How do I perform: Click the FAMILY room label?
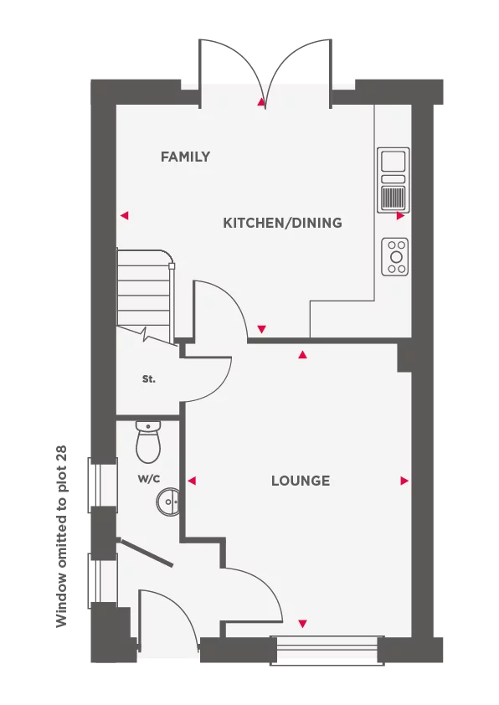coord(185,157)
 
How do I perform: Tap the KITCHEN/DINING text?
coord(282,223)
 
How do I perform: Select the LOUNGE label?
coord(301,481)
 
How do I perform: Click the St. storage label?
coord(149,379)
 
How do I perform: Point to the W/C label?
coord(149,478)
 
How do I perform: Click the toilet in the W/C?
coord(148,442)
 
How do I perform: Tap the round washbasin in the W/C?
coord(168,501)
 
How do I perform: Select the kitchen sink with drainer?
coord(394,180)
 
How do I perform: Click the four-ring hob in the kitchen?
coord(394,257)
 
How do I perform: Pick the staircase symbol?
coord(145,296)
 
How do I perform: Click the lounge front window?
coord(327,650)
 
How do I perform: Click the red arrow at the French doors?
coord(261,102)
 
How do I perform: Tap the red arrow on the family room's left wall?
coord(125,216)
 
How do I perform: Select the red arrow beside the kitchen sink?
coord(400,216)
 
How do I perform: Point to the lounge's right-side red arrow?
coord(404,481)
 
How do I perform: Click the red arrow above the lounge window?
coord(302,624)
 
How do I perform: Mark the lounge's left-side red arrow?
coord(192,481)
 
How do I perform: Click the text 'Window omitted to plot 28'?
coord(61,536)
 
